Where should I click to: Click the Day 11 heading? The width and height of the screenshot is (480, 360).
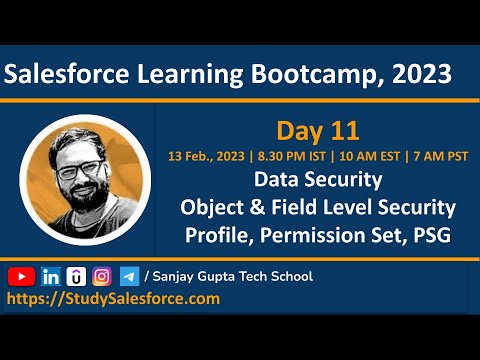(316, 130)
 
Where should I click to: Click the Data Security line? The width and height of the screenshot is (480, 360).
(316, 181)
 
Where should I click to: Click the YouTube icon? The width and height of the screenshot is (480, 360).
(20, 276)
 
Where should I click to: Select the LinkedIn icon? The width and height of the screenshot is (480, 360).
(50, 276)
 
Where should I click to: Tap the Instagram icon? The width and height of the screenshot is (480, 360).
(102, 276)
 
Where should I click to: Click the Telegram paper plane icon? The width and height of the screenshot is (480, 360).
(129, 276)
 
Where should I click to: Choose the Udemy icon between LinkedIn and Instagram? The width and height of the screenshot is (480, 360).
(76, 276)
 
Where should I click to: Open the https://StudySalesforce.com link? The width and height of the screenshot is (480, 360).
(113, 298)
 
